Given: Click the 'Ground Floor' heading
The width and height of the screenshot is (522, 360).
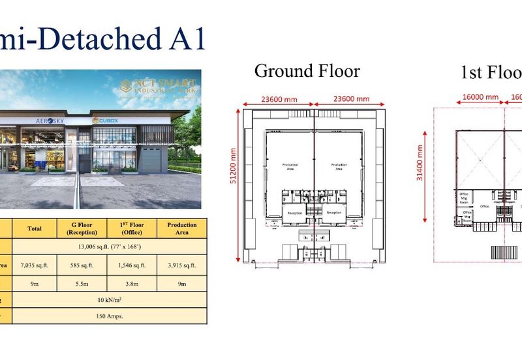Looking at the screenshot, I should [307, 70].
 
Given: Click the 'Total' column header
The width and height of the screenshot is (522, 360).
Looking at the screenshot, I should [35, 229].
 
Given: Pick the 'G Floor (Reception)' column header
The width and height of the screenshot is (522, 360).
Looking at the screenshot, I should [83, 228].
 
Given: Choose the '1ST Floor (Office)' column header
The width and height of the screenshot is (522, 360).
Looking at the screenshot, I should [132, 228].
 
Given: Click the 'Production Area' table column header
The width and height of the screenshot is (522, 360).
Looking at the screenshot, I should [182, 228].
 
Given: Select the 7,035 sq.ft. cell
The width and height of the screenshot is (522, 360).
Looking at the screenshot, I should [35, 265].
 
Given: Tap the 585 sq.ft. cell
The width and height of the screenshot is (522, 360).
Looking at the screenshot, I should [83, 265].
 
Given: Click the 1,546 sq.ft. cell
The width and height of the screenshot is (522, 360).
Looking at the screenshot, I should [132, 265].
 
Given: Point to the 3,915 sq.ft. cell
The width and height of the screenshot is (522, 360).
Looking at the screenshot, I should [182, 265].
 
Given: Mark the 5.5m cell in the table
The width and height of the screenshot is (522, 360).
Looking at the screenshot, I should [83, 284].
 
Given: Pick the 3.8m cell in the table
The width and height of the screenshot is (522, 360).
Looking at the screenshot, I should [132, 284].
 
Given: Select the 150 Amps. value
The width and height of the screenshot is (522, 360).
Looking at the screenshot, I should [109, 316].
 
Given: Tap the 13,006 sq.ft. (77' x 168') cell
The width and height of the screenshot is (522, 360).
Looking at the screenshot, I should [109, 247].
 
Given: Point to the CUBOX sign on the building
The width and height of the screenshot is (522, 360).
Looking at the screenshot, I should [105, 120].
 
